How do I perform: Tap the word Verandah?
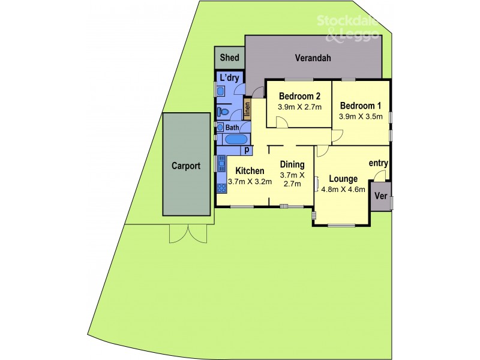313,58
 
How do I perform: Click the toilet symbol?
222,112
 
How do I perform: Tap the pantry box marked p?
246,150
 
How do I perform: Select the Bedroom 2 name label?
299,96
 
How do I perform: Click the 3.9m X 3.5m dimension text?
360,117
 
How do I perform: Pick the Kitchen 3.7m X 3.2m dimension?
250,182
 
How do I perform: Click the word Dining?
292,164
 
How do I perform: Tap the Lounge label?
344,179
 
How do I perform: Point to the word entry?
379,163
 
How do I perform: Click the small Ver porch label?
380,196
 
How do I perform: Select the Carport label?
186,166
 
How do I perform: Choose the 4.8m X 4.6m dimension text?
343,190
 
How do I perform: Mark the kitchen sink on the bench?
221,161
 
